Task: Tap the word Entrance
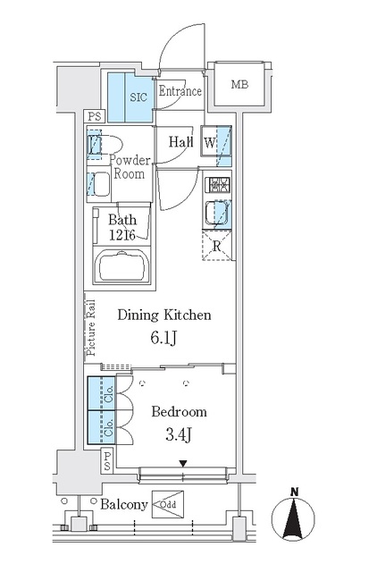tap(180, 90)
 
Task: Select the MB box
tap(240, 86)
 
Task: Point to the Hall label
tap(181, 140)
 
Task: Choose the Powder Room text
tap(129, 167)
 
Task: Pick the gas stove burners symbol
tap(217, 187)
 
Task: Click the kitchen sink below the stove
tap(217, 214)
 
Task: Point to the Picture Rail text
tap(90, 325)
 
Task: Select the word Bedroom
tap(179, 412)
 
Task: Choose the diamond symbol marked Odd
tap(169, 506)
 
